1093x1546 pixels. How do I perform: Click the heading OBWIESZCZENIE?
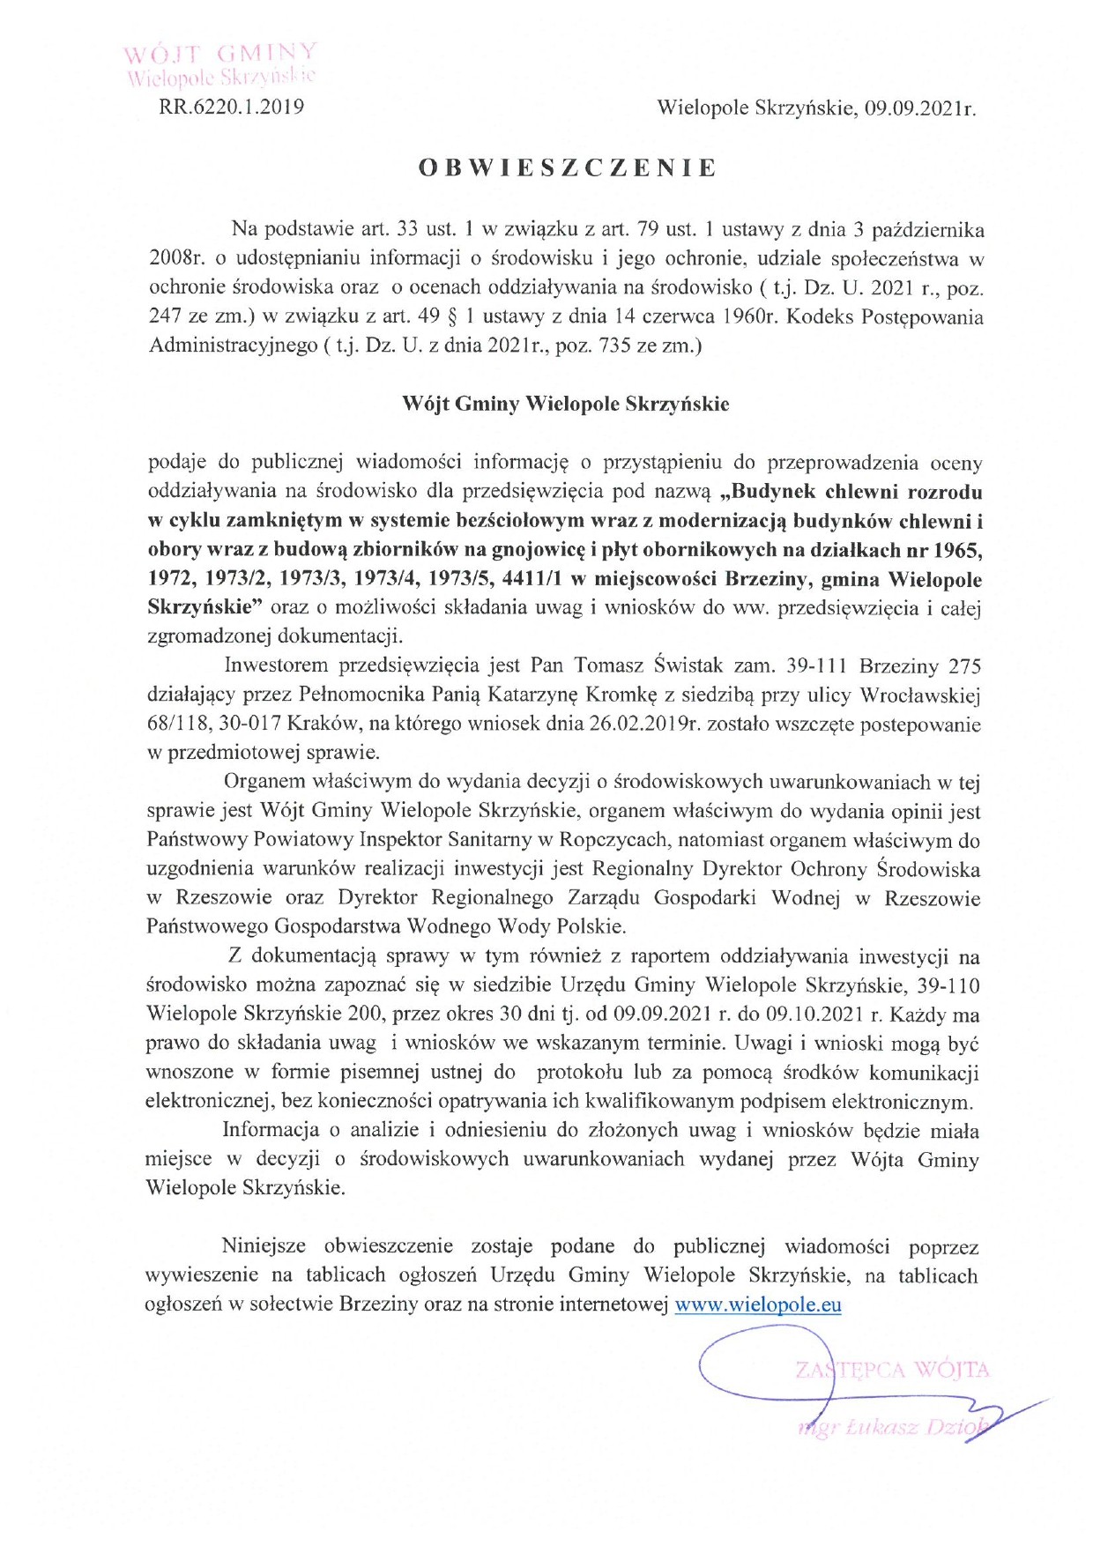point(568,168)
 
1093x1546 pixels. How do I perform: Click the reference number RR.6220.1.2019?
point(232,108)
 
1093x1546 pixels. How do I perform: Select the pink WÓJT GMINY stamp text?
point(219,54)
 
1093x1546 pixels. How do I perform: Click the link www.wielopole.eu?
point(757,1304)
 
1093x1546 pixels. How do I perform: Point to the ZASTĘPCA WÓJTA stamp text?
point(891,1370)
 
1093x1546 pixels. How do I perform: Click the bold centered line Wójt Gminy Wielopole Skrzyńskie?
point(565,404)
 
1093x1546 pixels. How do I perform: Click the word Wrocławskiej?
point(916,695)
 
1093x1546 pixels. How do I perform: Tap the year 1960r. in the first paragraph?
point(749,316)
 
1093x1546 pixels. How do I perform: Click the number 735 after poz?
point(614,346)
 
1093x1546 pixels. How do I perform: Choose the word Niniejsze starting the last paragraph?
point(264,1246)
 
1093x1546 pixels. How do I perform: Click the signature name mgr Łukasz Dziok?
point(896,1428)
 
